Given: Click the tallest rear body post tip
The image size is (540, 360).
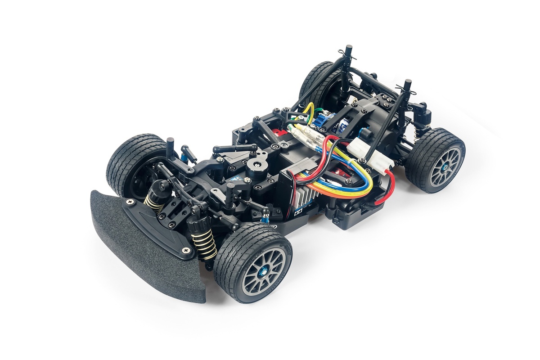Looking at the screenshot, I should click(x=348, y=49).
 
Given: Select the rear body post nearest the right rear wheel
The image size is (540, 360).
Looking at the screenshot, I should click(x=407, y=85).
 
